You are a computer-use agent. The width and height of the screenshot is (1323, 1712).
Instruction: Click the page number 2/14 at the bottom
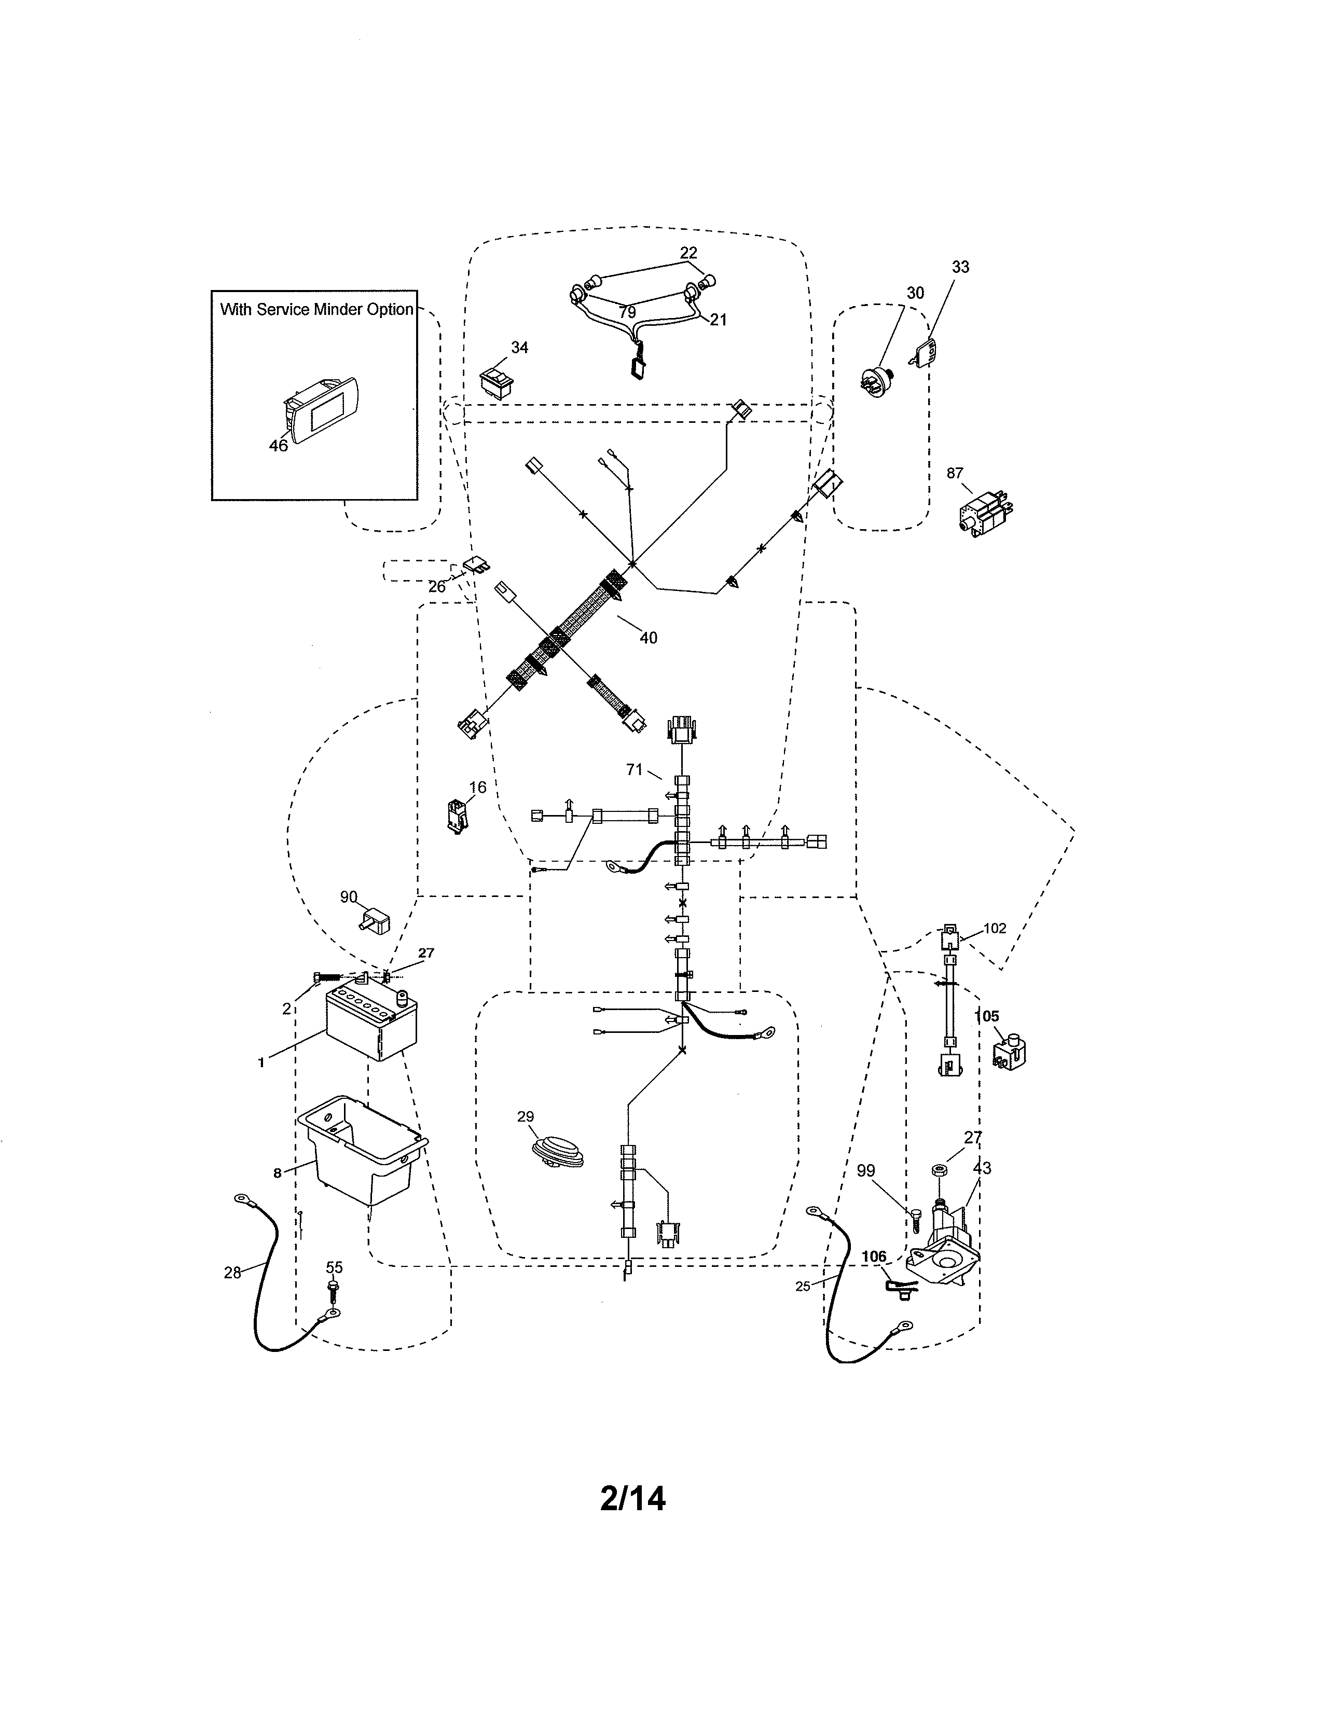pyautogui.click(x=632, y=1499)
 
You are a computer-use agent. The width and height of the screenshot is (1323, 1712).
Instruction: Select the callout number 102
pyautogui.click(x=995, y=928)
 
